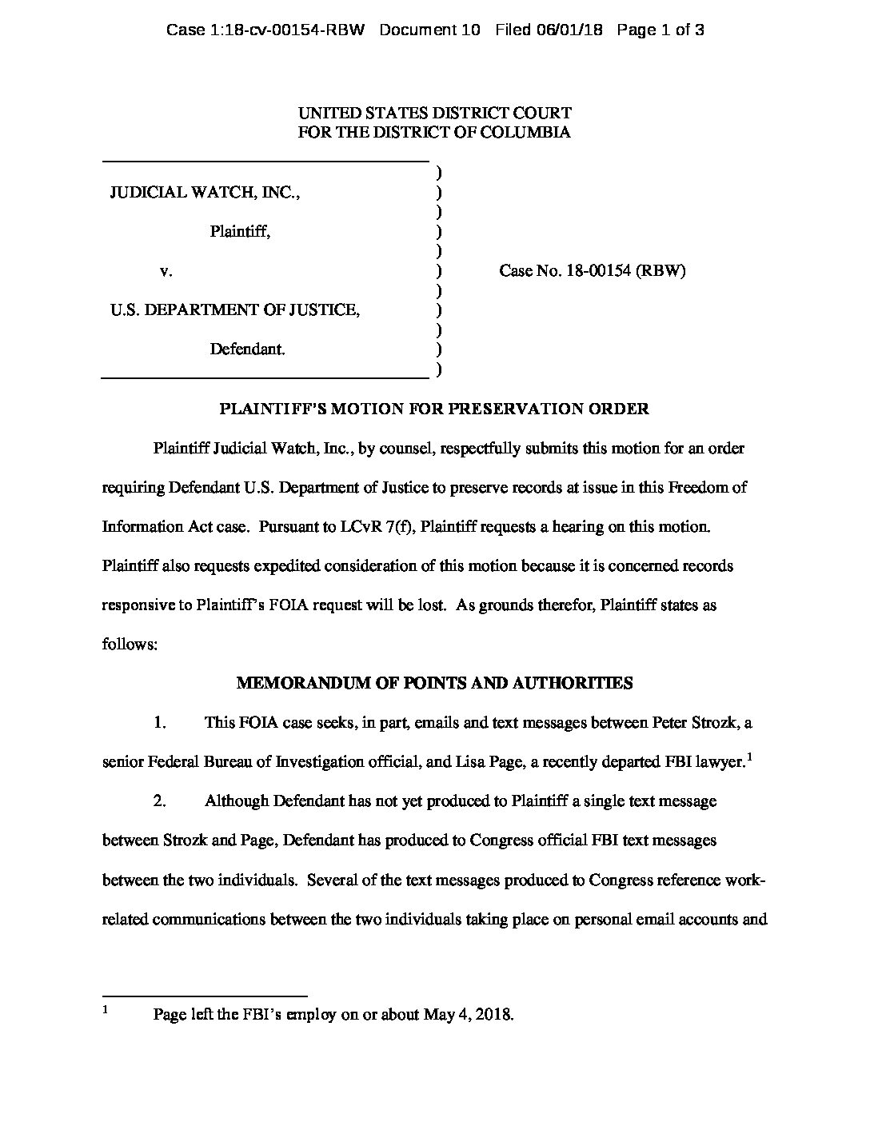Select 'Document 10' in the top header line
(429, 30)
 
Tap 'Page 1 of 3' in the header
(660, 30)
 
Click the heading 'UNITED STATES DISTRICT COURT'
(434, 114)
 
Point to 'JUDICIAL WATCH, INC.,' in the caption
(205, 192)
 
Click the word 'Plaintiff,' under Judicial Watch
(240, 232)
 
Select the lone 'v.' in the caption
(166, 271)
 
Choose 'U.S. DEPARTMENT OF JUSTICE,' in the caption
(235, 310)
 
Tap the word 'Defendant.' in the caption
(247, 349)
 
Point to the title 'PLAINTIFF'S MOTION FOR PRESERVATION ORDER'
(434, 409)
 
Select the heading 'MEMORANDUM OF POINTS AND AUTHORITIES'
(434, 683)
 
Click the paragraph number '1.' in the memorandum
(160, 722)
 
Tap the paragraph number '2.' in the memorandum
(160, 801)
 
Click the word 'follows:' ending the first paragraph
(130, 644)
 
